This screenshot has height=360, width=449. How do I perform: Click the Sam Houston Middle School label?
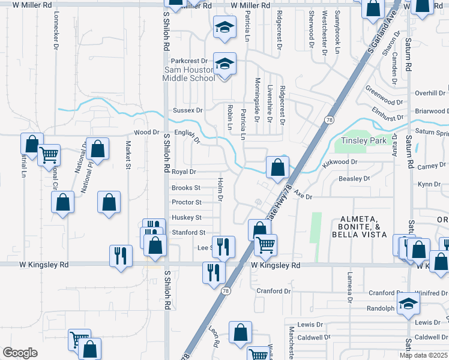tap(190, 74)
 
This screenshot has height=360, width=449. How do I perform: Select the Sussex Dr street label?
tap(188, 110)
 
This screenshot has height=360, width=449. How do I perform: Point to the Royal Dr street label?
tap(184, 172)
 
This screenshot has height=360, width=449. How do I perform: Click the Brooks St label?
tap(186, 188)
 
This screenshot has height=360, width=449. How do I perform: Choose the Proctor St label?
tap(186, 202)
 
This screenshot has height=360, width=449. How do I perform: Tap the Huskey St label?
tap(186, 217)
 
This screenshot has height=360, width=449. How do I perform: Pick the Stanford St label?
tap(188, 232)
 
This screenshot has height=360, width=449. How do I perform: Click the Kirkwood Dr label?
tap(340, 162)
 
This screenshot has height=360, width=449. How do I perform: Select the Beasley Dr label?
tap(354, 178)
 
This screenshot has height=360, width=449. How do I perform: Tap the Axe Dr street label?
tap(304, 196)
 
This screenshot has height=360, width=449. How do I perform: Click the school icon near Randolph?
tap(408, 303)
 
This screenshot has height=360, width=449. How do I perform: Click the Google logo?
tap(20, 353)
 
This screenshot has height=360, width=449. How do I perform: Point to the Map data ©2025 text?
tap(424, 355)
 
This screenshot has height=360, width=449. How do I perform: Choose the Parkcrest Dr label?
tap(188, 61)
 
